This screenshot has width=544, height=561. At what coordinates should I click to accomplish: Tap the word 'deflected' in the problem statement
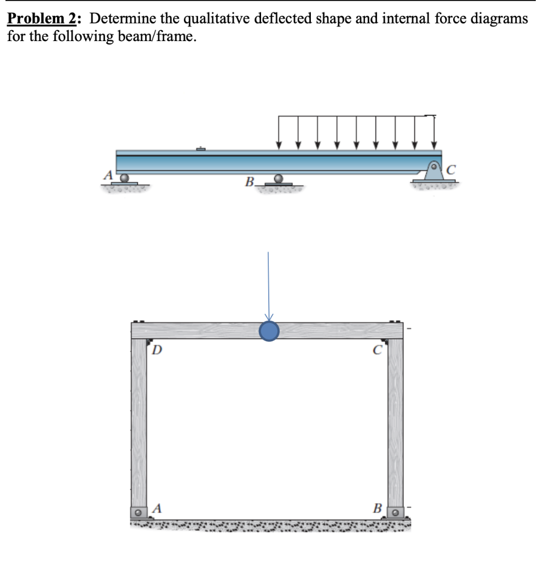(x=284, y=19)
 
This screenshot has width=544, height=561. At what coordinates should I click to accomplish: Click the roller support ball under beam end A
(x=125, y=178)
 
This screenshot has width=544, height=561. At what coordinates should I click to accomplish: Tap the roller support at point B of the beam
(x=279, y=179)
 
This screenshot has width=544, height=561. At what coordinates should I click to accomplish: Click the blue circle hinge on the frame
(x=269, y=331)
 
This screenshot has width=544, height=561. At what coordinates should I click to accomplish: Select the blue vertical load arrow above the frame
(x=268, y=285)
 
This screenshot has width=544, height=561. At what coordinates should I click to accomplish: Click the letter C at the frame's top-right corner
(x=376, y=350)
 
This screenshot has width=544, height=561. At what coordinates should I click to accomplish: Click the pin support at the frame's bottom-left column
(x=139, y=513)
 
